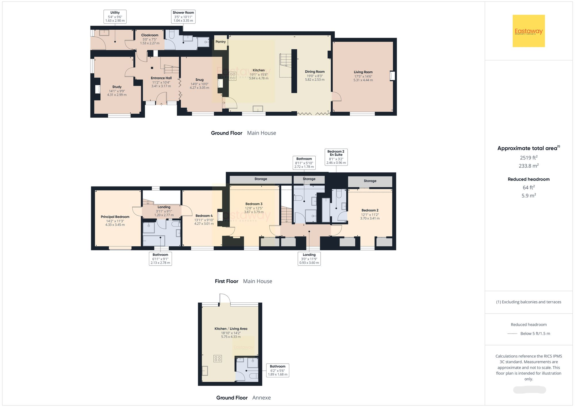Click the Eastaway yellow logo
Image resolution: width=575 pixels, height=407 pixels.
[x=528, y=31]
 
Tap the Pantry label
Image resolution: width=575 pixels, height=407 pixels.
[x=221, y=42]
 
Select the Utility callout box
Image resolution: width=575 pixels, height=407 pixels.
[x=115, y=17]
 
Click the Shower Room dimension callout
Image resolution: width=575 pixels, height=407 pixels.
[x=183, y=17]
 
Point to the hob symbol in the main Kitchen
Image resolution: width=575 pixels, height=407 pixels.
[x=233, y=76]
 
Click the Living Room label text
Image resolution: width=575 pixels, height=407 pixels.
[x=363, y=72]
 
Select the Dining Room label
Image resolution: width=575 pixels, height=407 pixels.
[x=315, y=72]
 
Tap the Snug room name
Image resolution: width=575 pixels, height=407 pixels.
[x=199, y=80]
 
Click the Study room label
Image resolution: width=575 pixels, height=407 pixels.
[x=117, y=87]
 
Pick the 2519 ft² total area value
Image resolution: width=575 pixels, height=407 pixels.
[x=528, y=158]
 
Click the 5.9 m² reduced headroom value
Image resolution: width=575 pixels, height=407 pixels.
[x=528, y=196]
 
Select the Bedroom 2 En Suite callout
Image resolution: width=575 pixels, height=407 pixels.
[x=336, y=157]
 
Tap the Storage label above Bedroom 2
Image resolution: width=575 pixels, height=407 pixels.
[x=370, y=181]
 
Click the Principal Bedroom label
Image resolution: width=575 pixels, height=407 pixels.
[x=115, y=217]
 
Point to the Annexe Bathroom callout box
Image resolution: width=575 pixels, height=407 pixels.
[x=277, y=370]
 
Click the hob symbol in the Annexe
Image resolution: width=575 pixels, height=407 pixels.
[x=218, y=358]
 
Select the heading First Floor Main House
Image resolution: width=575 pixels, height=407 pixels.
[x=243, y=281]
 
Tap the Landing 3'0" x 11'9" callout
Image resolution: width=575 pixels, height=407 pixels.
[x=309, y=258]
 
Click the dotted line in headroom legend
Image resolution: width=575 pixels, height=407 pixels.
[x=512, y=334]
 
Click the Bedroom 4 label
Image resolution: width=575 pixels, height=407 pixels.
[x=204, y=216]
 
